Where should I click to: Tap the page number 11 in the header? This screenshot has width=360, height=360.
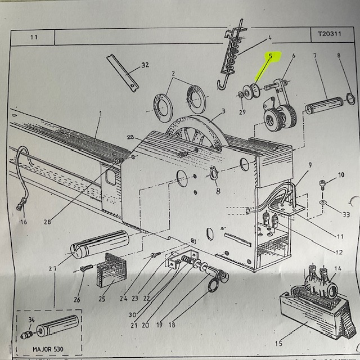click(34, 38)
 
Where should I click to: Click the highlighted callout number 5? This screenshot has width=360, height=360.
click(271, 56)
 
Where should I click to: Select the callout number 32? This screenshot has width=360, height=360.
click(145, 65)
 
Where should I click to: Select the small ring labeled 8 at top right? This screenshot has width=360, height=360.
click(350, 98)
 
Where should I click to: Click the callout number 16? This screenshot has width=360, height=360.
click(23, 222)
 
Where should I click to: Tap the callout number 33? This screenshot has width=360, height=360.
click(346, 214)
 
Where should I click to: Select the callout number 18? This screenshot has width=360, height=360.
click(172, 325)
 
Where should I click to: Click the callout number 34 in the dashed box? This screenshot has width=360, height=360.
click(31, 321)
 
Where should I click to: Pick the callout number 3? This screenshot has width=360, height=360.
click(223, 111)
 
